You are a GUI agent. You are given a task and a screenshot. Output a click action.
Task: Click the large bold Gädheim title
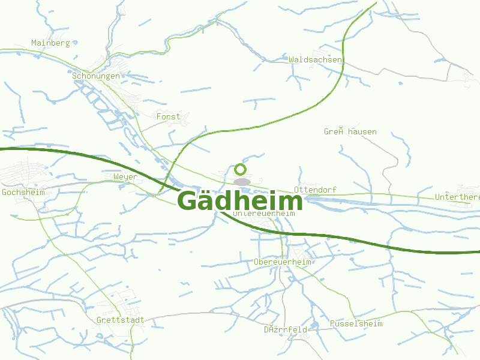(240, 200)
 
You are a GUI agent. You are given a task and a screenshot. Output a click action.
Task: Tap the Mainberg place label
(50, 43)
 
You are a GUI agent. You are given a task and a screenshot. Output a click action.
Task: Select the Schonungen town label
(96, 76)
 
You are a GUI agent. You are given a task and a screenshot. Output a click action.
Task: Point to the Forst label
(168, 116)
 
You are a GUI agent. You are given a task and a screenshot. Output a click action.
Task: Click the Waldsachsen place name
(315, 60)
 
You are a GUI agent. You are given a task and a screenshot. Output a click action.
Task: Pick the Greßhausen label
(350, 131)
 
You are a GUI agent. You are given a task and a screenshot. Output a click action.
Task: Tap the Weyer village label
(125, 177)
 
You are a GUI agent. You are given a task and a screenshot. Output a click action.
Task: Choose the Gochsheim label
(23, 192)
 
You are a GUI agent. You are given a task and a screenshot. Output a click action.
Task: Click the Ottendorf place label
(315, 190)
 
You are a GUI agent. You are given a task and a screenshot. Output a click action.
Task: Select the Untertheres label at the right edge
(457, 197)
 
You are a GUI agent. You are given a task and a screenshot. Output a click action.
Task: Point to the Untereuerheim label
(264, 213)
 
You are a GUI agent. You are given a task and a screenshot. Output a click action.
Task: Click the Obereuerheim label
(282, 262)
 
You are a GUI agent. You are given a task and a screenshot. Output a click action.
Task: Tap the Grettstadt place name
(120, 320)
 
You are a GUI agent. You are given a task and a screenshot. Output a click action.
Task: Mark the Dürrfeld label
(286, 329)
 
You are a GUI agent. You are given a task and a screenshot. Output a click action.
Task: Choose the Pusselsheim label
(356, 323)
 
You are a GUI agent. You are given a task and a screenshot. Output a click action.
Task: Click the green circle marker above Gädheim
(240, 170)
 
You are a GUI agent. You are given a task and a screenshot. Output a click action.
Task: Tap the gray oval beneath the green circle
(242, 182)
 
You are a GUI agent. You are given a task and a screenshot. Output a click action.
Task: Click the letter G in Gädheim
(190, 201)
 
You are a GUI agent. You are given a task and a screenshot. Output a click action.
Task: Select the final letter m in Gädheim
(290, 203)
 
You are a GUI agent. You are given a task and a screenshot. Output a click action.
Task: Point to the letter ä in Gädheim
(211, 202)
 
